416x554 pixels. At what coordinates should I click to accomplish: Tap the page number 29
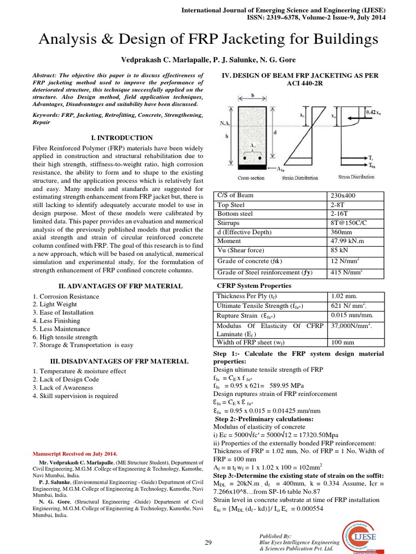208,543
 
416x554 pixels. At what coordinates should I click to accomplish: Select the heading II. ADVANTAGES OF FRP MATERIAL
120,286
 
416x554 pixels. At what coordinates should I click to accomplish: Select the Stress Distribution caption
355,176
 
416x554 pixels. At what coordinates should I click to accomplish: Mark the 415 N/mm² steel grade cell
347,273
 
